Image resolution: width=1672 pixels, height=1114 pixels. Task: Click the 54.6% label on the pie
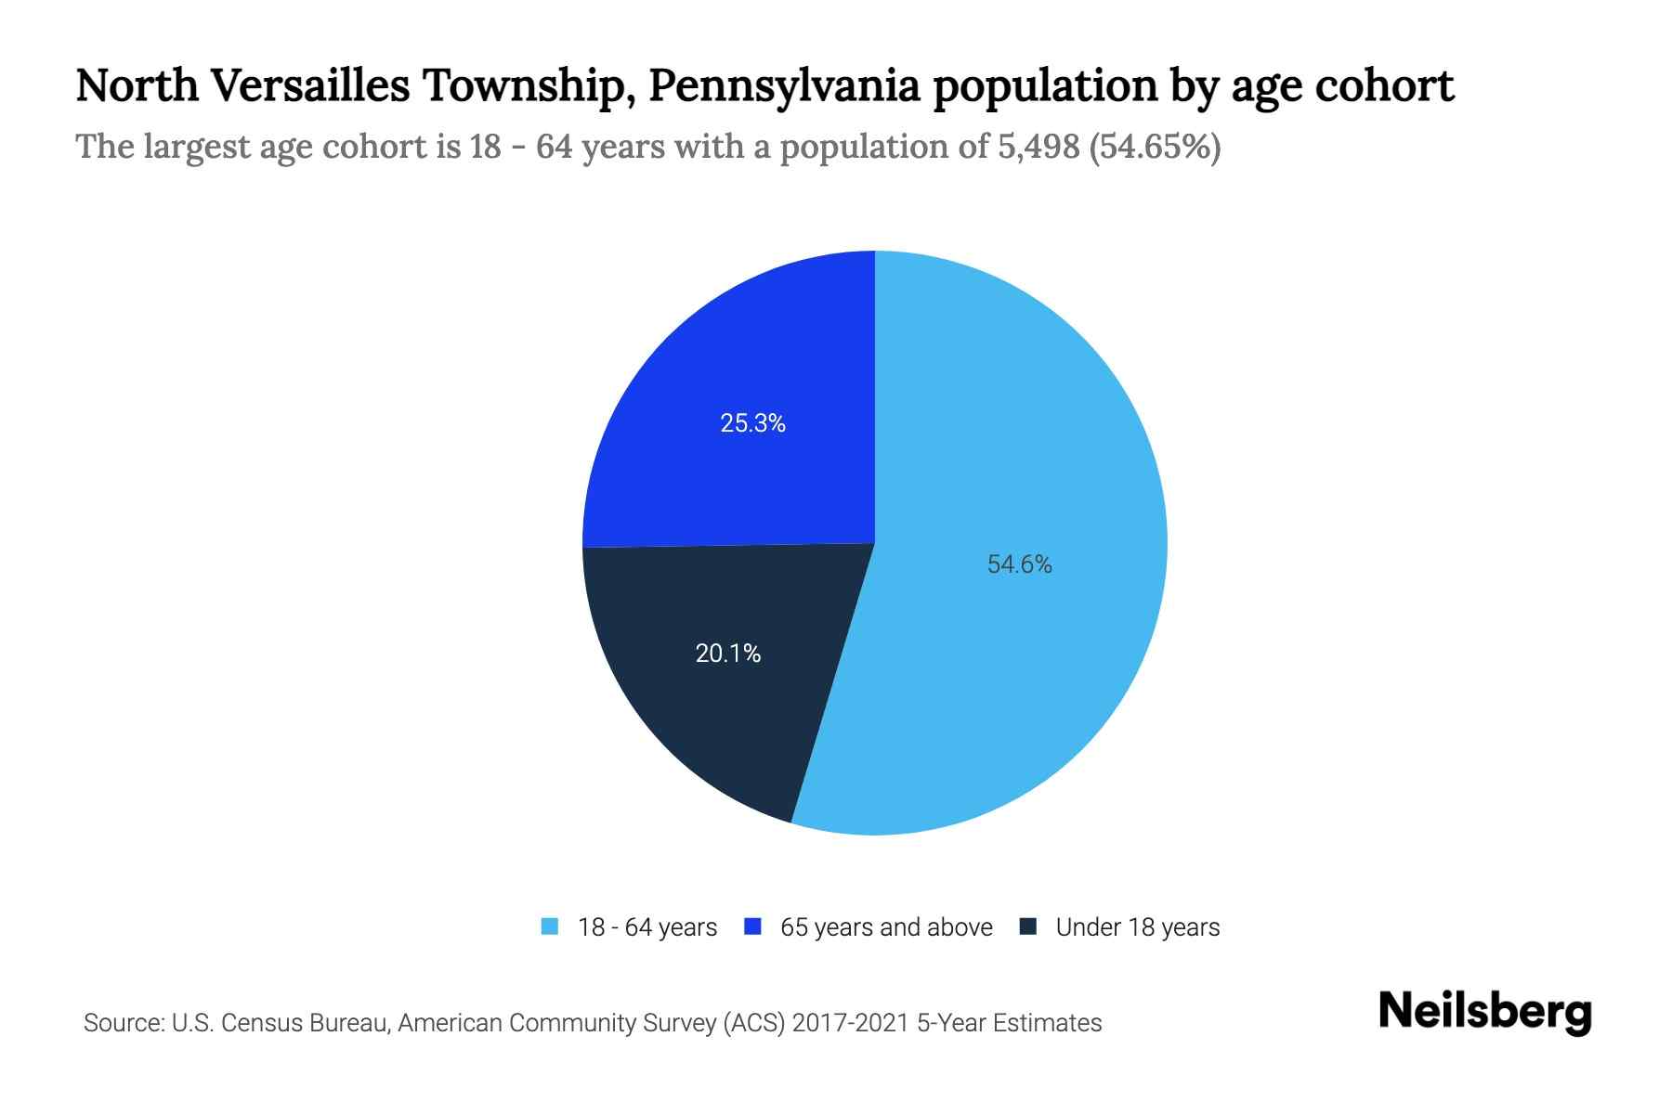[x=1019, y=564]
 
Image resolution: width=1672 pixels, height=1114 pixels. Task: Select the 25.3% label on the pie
[x=752, y=423]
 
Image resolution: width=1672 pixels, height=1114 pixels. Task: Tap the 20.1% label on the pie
[x=728, y=654]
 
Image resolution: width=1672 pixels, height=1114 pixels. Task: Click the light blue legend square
[x=550, y=926]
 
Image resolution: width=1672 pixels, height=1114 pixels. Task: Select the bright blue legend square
[x=753, y=926]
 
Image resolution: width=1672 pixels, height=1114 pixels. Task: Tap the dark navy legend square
[x=1028, y=926]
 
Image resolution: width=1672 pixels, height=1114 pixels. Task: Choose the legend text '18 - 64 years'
[x=647, y=927]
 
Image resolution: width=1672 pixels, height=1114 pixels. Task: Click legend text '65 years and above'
[x=886, y=927]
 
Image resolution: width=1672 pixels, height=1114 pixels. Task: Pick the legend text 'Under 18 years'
[x=1138, y=927]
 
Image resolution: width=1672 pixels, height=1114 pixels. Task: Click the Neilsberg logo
[x=1485, y=1012]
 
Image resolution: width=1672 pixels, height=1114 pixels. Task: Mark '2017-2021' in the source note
[x=851, y=1023]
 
